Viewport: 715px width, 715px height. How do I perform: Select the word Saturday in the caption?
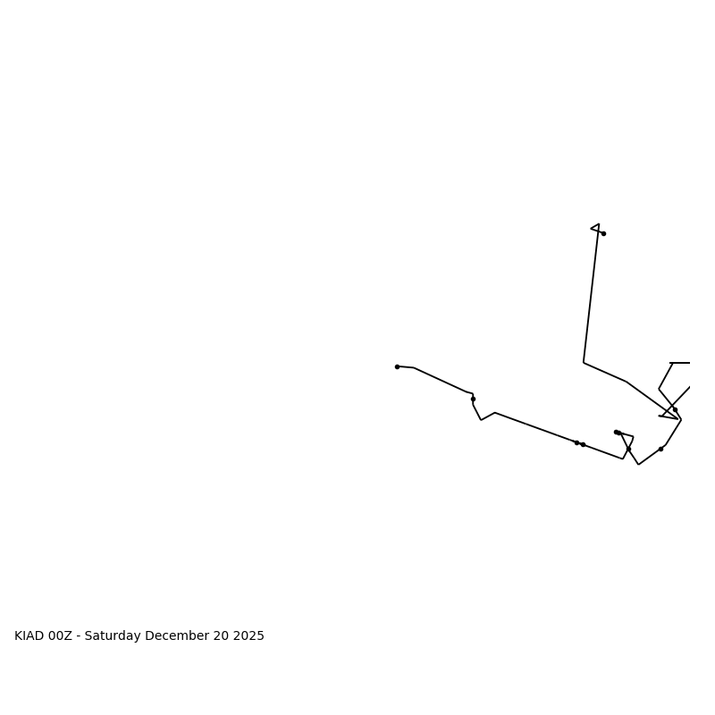[115, 636]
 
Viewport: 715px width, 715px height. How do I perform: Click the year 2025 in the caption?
[248, 636]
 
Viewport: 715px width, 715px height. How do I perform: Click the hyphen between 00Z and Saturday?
[79, 636]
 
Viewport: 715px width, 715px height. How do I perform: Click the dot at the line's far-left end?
[397, 366]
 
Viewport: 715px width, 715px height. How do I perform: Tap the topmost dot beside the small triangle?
[603, 233]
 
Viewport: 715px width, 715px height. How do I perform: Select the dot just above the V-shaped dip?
[473, 399]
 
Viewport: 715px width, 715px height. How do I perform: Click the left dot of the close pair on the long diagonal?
[576, 442]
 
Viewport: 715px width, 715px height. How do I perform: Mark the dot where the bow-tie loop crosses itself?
[628, 449]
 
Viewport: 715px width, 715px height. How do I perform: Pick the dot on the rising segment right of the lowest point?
[660, 449]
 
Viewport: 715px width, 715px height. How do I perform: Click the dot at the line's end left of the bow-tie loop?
[616, 432]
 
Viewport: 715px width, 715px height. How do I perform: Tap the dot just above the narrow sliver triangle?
[675, 409]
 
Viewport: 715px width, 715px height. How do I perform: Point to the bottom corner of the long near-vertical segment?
[584, 362]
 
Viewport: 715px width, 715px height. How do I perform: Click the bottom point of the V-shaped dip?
[481, 420]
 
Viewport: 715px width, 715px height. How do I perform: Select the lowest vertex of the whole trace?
[638, 465]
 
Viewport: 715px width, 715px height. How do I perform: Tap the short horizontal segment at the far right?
[680, 363]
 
